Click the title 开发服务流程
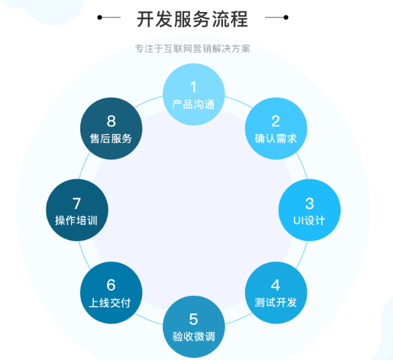193,19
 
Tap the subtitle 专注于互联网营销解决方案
193,49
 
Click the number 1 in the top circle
193,87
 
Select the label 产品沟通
193,104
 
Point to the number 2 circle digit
275,121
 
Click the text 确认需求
276,139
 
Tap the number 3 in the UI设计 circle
309,203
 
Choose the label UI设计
309,220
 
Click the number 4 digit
275,285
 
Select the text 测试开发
276,302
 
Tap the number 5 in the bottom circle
193,319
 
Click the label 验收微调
193,337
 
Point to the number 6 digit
111,285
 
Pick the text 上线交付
110,302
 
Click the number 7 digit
77,203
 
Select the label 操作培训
76,220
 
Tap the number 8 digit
111,121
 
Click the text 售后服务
110,139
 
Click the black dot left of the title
100,17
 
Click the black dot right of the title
286,17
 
